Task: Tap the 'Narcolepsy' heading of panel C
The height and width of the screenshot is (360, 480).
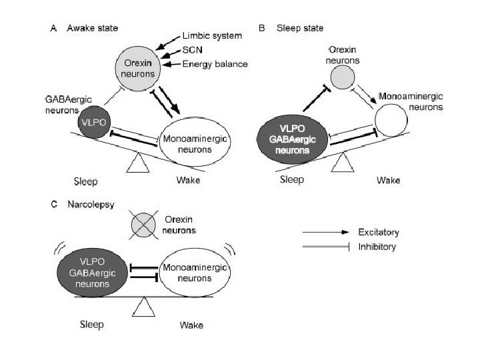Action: tap(83, 205)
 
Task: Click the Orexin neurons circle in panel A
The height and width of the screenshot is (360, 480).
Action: tap(137, 67)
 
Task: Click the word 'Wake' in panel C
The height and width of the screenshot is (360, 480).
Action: tap(191, 325)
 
